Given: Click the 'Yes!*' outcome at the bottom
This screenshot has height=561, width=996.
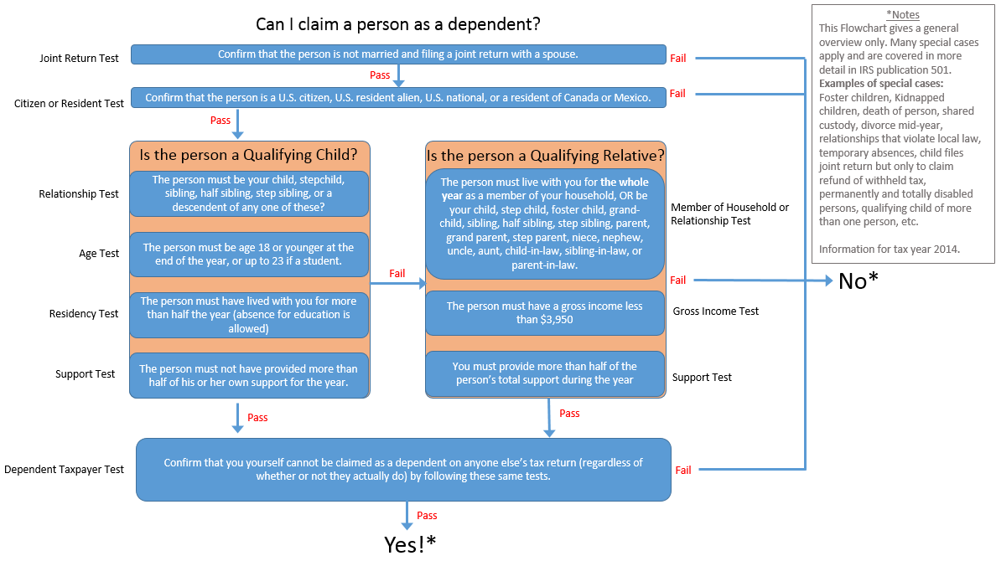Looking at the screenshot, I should [410, 544].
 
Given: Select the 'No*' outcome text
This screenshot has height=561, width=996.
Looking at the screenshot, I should [858, 281].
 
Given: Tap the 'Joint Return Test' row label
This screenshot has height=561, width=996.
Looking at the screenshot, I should [79, 59].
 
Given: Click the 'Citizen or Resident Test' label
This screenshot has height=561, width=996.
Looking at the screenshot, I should [69, 103].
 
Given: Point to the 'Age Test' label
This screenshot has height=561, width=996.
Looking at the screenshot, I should [99, 253].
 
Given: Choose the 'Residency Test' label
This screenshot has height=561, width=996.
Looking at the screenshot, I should [84, 313].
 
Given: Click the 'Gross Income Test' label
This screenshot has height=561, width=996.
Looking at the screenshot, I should [715, 311].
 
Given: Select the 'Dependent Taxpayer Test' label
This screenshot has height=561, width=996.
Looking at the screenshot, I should [64, 470].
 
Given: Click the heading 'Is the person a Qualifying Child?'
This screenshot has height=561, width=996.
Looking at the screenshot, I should [248, 155].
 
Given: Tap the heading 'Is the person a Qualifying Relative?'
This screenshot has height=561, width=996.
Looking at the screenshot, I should [545, 155].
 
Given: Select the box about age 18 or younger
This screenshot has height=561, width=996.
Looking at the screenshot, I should [248, 254].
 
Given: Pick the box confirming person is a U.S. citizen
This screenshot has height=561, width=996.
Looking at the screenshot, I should [397, 98].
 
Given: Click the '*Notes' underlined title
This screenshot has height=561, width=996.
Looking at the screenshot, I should [902, 15].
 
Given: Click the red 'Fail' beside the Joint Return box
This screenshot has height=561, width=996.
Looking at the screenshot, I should [677, 58].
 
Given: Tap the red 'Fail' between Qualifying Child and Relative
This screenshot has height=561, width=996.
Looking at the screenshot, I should [397, 274].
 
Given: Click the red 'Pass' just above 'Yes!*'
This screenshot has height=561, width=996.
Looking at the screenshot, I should [427, 516].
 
